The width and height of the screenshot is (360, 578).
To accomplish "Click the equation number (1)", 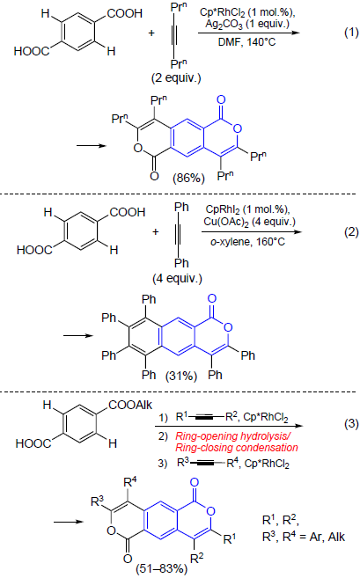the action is [x=351, y=33].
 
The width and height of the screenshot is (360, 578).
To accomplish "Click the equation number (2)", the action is [x=351, y=232].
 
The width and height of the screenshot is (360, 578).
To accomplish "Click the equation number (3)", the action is [x=351, y=423].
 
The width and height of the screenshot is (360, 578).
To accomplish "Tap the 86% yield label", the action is [x=188, y=178].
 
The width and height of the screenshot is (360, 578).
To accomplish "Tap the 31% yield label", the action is [x=181, y=377].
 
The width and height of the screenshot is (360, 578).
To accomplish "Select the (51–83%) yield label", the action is [x=162, y=569].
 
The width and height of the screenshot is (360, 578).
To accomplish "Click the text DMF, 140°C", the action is [x=246, y=42].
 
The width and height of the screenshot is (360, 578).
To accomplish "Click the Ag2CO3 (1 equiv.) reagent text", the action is [x=247, y=25].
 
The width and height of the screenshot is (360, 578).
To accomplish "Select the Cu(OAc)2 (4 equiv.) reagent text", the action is [x=249, y=222].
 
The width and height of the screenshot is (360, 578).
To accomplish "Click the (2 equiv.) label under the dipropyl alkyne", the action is [x=176, y=78].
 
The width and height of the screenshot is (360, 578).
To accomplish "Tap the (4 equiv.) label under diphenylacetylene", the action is [x=178, y=278].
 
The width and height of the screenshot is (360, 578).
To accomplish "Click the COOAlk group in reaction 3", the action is [x=130, y=405].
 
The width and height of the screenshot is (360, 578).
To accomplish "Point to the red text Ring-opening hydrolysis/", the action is [x=233, y=436].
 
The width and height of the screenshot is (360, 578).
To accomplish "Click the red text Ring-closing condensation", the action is [x=237, y=448].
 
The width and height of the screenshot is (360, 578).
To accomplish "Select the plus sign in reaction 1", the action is [x=151, y=33].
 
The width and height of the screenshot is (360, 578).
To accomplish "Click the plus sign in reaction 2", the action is [x=155, y=232].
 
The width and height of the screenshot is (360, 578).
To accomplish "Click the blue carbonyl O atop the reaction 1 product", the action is [x=221, y=100].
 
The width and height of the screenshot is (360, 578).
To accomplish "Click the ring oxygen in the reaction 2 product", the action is [x=228, y=327].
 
